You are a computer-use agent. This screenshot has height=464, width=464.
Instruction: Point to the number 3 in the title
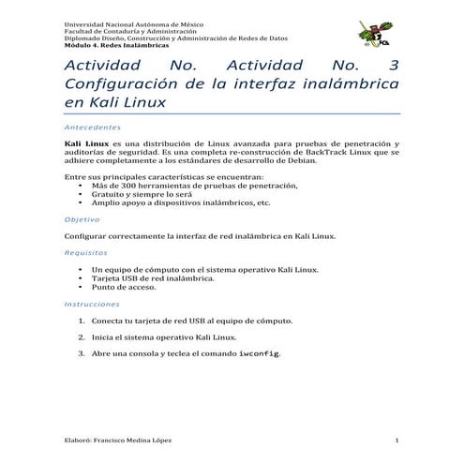click(392, 67)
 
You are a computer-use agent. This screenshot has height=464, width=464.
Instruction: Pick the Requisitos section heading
click(85, 252)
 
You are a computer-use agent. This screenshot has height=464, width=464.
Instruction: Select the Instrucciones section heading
click(92, 304)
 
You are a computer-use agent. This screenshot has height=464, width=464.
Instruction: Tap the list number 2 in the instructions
click(82, 337)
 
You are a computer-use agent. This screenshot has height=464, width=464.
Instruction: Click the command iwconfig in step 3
click(259, 353)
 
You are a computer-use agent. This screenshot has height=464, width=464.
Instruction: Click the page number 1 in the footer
click(397, 441)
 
